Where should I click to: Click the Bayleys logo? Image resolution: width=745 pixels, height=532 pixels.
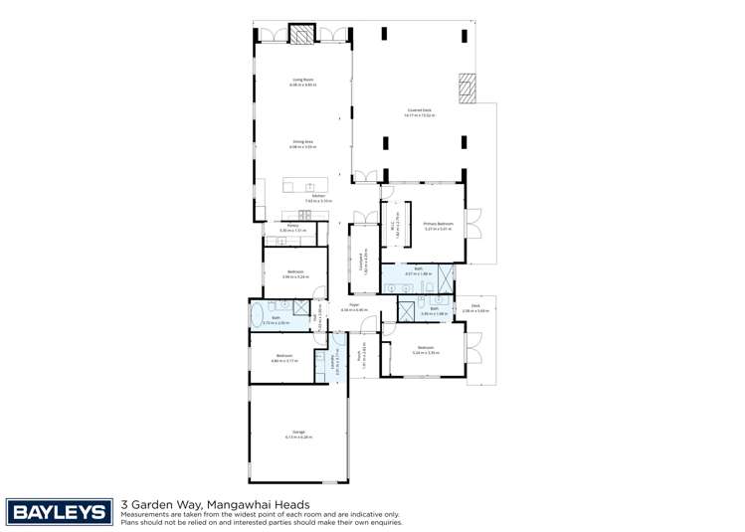(x=59, y=512)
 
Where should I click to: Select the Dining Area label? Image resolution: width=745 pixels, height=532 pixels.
(x=303, y=143)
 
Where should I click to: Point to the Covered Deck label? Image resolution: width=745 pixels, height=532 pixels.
(x=419, y=111)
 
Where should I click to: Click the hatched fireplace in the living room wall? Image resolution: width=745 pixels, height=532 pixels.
(x=301, y=34)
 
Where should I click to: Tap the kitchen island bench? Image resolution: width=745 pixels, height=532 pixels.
(x=304, y=186)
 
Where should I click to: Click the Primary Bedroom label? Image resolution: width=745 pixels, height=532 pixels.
(x=438, y=225)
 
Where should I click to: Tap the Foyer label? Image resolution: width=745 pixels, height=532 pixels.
(x=354, y=307)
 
